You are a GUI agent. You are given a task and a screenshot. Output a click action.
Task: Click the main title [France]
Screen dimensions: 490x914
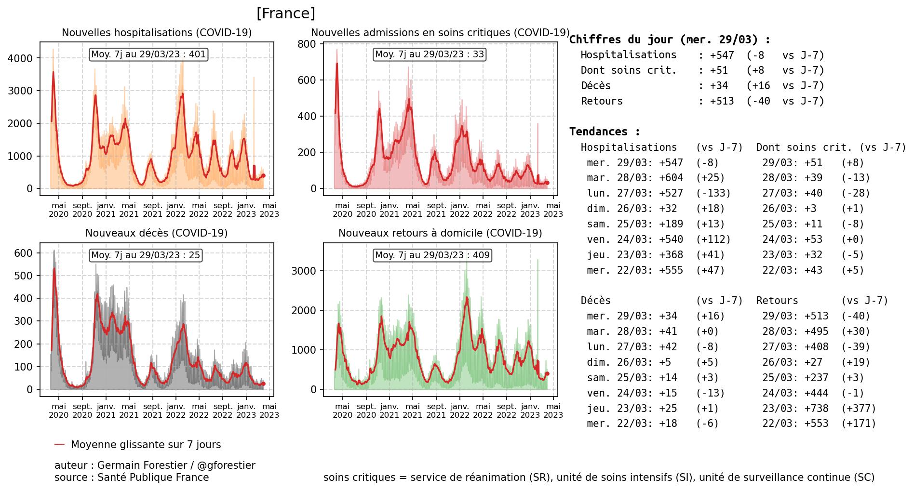(285, 13)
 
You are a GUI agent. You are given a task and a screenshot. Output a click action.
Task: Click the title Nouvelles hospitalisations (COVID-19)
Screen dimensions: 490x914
(157, 33)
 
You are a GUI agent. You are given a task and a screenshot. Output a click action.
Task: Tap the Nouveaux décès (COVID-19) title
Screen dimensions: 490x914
(156, 233)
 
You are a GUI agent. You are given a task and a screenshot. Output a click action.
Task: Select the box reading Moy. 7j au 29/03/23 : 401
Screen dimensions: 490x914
(148, 54)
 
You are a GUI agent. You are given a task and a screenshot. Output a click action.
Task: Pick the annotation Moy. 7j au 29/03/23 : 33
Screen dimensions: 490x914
(430, 54)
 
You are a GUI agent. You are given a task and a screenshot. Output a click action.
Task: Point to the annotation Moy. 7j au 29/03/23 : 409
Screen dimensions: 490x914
(432, 255)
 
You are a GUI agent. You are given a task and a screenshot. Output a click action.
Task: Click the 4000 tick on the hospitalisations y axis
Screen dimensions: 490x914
(20, 58)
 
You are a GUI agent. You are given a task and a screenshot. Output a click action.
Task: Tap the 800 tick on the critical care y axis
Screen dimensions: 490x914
(307, 44)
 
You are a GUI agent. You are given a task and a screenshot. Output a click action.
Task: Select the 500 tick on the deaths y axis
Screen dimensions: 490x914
(24, 276)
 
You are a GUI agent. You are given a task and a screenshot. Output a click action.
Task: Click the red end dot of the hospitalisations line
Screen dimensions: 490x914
(263, 176)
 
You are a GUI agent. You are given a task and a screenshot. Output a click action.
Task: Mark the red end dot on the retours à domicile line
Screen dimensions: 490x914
(547, 374)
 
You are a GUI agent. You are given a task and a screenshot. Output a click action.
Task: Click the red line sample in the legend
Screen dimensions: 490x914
(59, 444)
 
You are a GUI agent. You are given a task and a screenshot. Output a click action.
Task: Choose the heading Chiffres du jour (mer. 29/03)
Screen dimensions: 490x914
(670, 40)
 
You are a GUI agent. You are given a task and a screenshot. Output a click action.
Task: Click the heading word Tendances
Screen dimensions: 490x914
(598, 132)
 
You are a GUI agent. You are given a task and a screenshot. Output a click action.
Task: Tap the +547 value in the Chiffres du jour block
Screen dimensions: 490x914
(722, 55)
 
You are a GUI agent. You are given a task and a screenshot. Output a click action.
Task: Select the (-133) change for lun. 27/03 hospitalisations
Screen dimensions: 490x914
(713, 193)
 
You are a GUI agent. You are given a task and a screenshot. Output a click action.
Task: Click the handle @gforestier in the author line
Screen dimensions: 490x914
(226, 465)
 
